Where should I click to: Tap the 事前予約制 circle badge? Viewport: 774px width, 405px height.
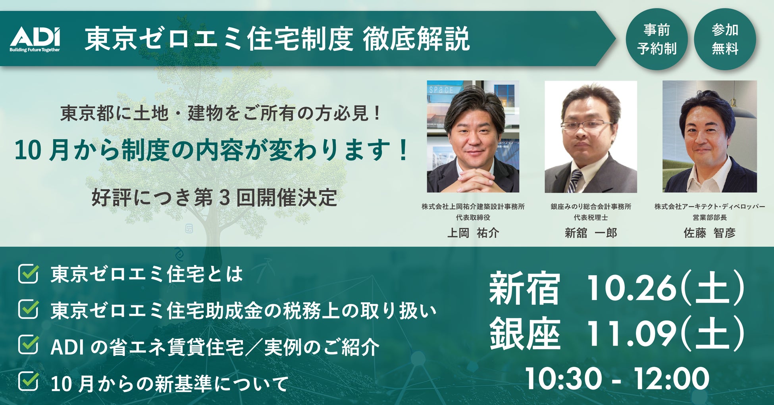click(657, 39)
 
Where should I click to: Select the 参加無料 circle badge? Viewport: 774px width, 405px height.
click(725, 39)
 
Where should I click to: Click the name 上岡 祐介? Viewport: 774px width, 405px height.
click(473, 233)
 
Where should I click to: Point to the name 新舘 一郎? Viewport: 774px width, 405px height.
click(591, 233)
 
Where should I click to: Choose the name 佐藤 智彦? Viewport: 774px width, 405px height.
click(709, 233)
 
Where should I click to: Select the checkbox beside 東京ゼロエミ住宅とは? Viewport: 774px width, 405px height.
click(29, 274)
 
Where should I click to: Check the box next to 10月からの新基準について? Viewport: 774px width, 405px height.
click(29, 382)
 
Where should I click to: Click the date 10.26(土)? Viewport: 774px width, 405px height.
click(665, 288)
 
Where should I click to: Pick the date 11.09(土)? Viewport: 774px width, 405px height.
click(665, 334)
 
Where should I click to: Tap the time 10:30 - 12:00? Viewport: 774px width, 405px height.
click(617, 379)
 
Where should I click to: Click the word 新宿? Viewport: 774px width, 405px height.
click(524, 289)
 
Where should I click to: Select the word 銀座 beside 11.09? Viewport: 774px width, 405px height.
click(524, 334)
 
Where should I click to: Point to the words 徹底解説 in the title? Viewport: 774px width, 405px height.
click(416, 39)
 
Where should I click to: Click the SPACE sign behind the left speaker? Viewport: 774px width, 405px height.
click(441, 90)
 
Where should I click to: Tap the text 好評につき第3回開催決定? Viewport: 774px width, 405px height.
click(214, 198)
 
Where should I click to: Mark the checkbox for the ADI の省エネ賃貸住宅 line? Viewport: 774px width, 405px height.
click(29, 345)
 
